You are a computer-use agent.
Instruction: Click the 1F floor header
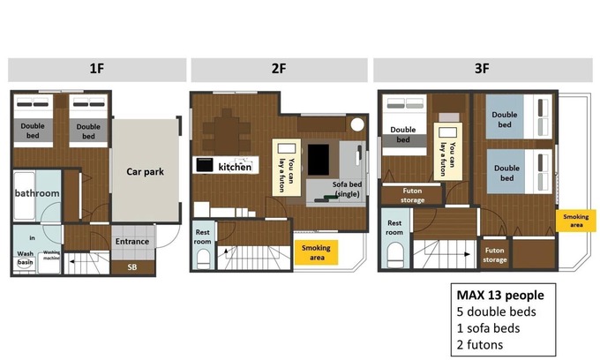[97, 69]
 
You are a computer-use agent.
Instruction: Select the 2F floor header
[279, 69]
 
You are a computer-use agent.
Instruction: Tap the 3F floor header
[482, 69]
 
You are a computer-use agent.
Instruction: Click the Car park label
[145, 172]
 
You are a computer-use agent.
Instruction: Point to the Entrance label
[132, 242]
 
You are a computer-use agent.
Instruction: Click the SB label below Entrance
[132, 267]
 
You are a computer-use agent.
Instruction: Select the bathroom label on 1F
[37, 193]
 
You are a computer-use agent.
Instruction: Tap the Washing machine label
[51, 255]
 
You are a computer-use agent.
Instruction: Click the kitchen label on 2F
[235, 167]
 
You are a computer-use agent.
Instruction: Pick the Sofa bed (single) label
[347, 189]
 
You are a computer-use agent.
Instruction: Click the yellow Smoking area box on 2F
[317, 252]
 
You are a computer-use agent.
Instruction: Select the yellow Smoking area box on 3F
[576, 221]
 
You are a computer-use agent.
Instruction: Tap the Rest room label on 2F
[202, 236]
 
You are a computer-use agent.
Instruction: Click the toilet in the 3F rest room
[395, 255]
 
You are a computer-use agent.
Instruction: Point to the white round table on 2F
[357, 124]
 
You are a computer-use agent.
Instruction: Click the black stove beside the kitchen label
[205, 165]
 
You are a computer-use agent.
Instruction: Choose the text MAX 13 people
[500, 295]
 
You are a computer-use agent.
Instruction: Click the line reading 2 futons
[480, 345]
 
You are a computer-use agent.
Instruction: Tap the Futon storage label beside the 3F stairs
[494, 255]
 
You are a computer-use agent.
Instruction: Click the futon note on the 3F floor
[447, 152]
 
